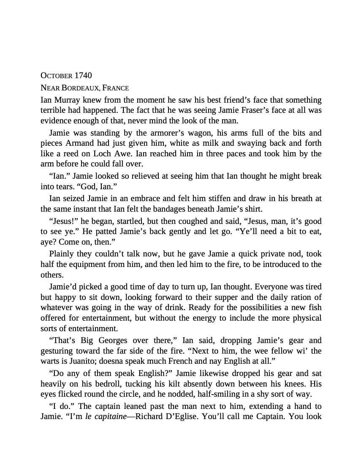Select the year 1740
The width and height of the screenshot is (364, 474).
tap(83, 76)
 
